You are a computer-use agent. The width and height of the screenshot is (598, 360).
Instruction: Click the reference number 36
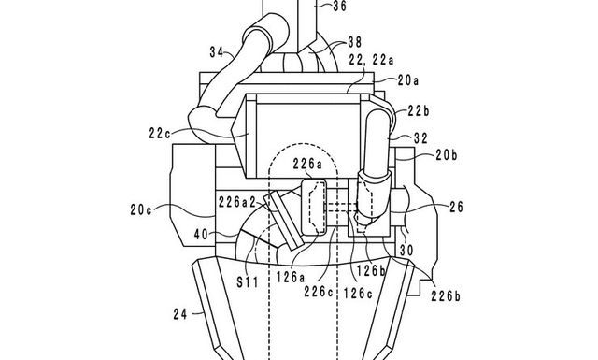340,6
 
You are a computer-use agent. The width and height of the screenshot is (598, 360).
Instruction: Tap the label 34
217,52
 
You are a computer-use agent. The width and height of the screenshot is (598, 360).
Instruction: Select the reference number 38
355,42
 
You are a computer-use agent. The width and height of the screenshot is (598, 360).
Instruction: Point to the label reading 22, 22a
372,60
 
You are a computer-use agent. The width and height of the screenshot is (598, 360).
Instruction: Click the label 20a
408,80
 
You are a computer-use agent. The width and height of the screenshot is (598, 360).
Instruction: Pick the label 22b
419,111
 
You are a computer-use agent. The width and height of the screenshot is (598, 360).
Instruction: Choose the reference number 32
420,138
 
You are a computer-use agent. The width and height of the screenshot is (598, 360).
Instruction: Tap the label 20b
447,155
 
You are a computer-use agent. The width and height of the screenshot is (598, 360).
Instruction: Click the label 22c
160,133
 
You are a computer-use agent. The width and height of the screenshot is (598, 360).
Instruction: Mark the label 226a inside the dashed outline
307,165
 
